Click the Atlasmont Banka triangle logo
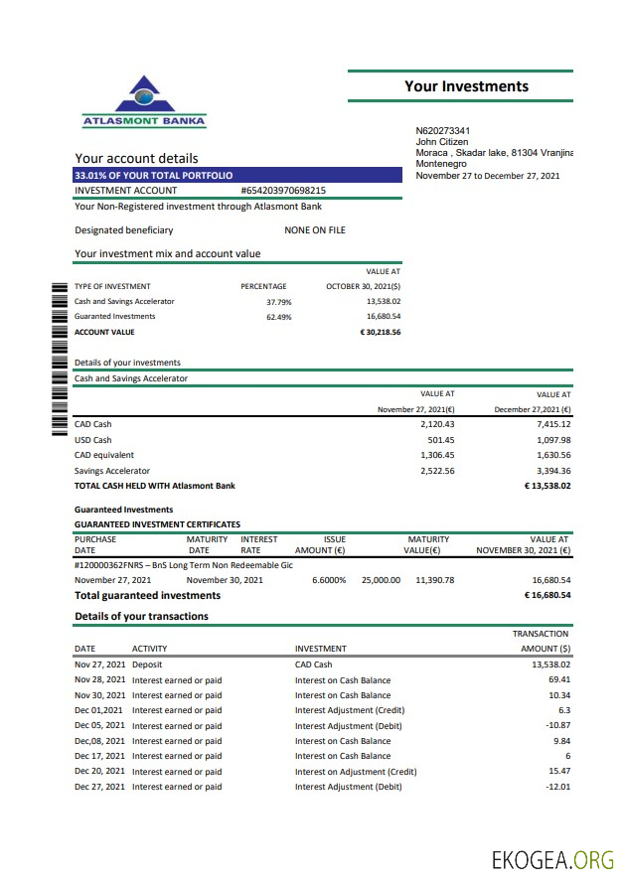click(145, 96)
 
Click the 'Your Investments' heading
click(466, 86)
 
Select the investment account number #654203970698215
click(283, 191)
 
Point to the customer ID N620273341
click(442, 131)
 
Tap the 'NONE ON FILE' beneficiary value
click(315, 230)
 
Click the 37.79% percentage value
click(278, 301)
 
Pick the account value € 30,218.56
click(380, 332)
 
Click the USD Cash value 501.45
click(440, 440)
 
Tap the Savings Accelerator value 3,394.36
click(552, 471)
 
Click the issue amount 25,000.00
click(381, 579)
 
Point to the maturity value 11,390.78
click(434, 579)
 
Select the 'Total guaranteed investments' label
click(147, 595)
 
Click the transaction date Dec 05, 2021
click(100, 725)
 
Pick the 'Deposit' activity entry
click(147, 664)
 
